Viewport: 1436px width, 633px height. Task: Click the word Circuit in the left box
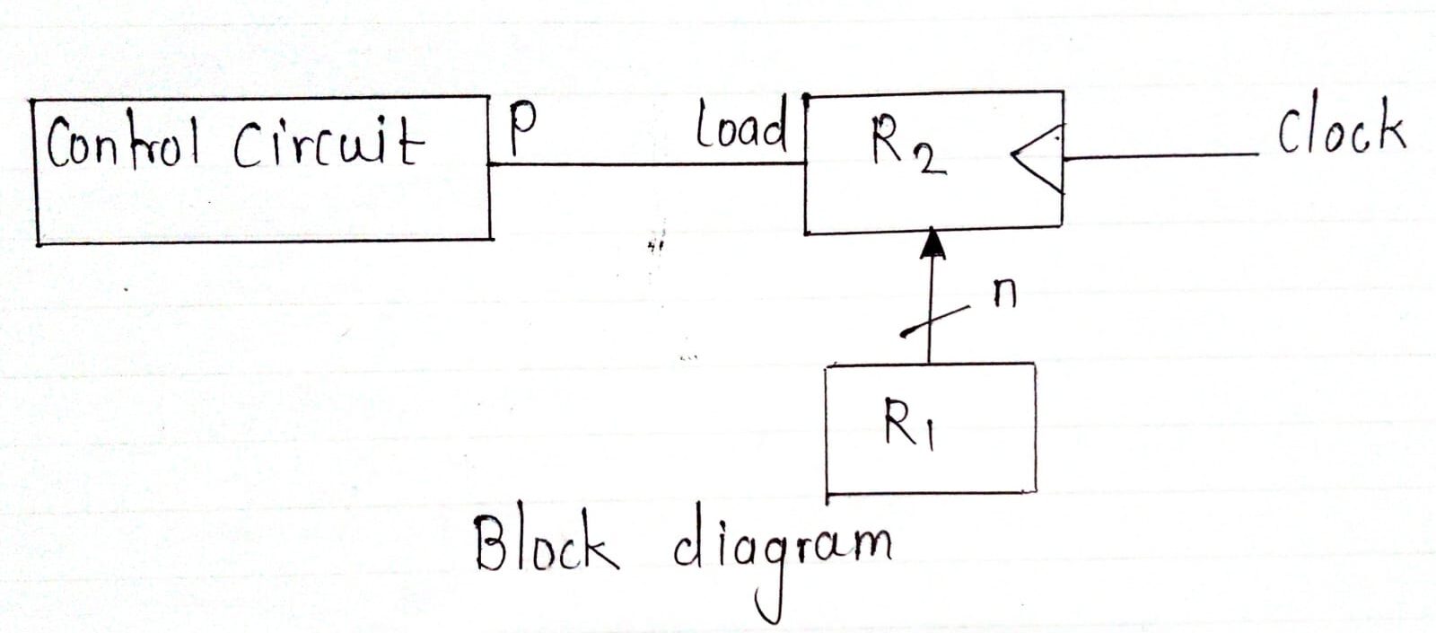328,144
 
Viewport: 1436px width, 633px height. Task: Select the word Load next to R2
741,127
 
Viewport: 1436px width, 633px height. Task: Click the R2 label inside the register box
906,146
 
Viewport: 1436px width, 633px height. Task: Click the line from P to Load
646,164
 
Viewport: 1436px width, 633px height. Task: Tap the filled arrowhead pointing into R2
933,243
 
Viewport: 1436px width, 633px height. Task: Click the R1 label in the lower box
908,424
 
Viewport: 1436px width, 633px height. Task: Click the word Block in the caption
546,544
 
